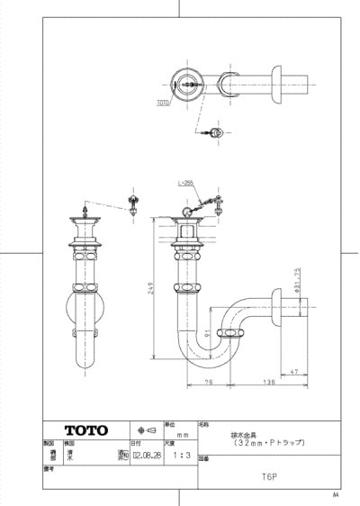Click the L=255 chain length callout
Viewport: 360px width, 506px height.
click(186, 184)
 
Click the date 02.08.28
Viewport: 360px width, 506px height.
click(145, 456)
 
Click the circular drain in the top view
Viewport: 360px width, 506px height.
click(189, 87)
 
